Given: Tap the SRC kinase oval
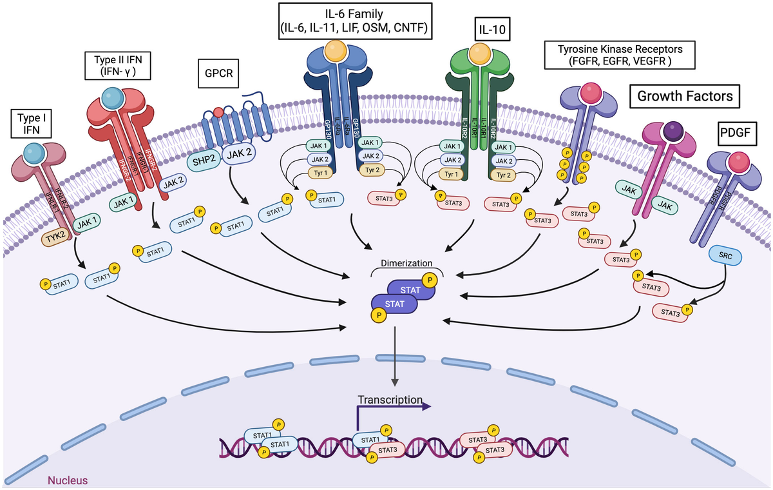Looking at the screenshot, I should pyautogui.click(x=725, y=256).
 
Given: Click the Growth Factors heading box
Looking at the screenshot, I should pyautogui.click(x=684, y=97).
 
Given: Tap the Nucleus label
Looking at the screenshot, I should pyautogui.click(x=68, y=480).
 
